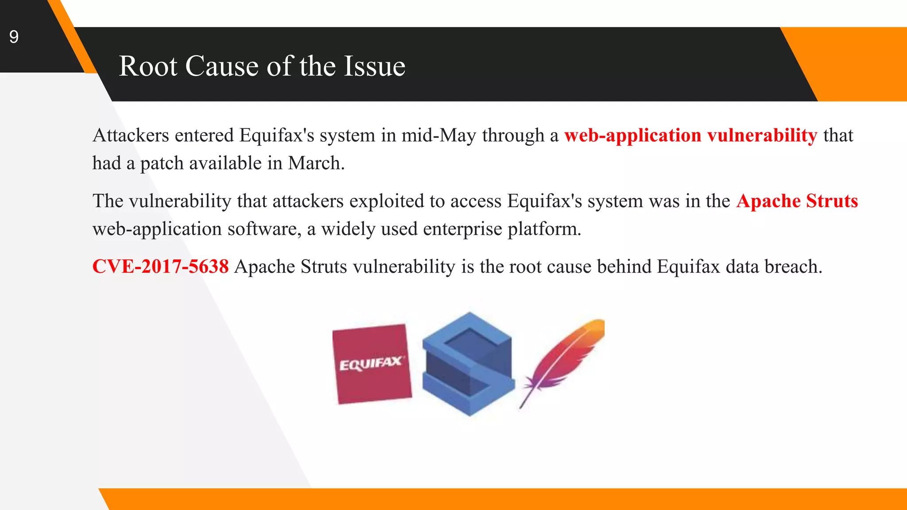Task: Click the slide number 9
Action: pos(14,37)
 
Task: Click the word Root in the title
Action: pos(148,66)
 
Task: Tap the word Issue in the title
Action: pos(374,66)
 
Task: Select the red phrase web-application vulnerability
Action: pos(690,135)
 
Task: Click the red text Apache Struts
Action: pos(797,201)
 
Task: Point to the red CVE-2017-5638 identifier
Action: pos(160,267)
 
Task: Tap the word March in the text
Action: pos(315,163)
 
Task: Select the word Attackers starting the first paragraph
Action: pos(131,135)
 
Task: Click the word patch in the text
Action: pos(162,163)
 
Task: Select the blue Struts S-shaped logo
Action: pos(468,364)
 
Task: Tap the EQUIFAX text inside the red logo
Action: pos(371,364)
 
